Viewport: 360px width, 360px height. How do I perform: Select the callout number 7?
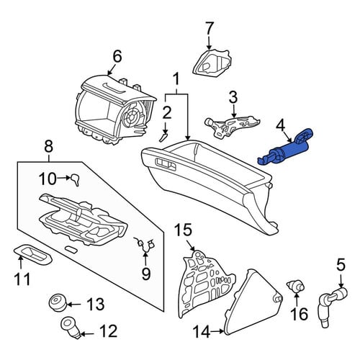pyautogui.click(x=209, y=29)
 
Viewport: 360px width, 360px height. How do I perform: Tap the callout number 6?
pyautogui.click(x=117, y=57)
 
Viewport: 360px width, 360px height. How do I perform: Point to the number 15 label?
pyautogui.click(x=183, y=230)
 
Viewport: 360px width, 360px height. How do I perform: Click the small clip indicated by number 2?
pyautogui.click(x=163, y=138)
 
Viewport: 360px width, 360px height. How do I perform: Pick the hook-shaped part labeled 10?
pyautogui.click(x=76, y=179)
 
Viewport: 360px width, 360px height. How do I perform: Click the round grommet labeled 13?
pyautogui.click(x=58, y=302)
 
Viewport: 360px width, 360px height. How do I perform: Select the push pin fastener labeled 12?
pyautogui.click(x=71, y=328)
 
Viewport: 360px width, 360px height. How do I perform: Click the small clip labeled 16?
pyautogui.click(x=296, y=286)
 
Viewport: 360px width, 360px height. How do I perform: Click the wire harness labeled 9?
pyautogui.click(x=145, y=246)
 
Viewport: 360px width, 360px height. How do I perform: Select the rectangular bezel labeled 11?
pyautogui.click(x=32, y=255)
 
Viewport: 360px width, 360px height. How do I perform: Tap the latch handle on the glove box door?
pyautogui.click(x=166, y=164)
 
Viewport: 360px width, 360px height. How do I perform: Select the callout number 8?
pyautogui.click(x=48, y=146)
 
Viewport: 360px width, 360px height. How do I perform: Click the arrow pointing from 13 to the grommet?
pyautogui.click(x=74, y=305)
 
